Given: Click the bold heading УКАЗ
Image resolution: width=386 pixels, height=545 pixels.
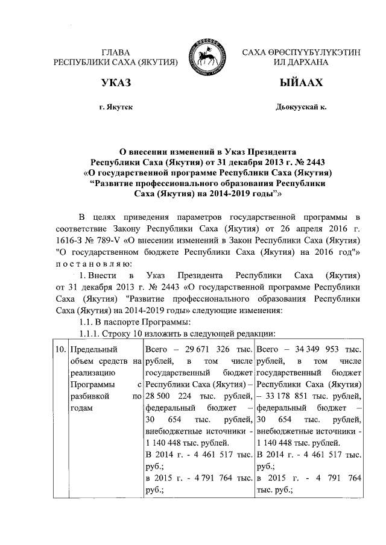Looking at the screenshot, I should tap(116, 83).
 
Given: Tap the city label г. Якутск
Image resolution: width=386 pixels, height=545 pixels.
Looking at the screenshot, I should tap(116, 107).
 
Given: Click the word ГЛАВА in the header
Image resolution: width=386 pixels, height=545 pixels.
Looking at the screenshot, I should tap(116, 52).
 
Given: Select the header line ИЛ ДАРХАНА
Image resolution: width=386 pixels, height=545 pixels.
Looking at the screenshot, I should tap(300, 62).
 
